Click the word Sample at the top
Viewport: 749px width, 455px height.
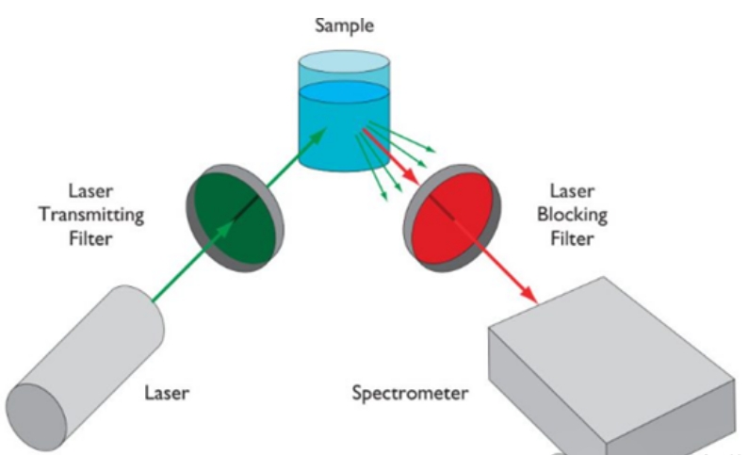pyautogui.click(x=344, y=25)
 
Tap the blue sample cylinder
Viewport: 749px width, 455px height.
pyautogui.click(x=344, y=122)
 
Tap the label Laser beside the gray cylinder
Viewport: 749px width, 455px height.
pyautogui.click(x=167, y=391)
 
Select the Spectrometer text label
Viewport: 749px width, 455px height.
pyautogui.click(x=409, y=392)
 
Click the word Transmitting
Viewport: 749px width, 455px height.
pyautogui.click(x=90, y=215)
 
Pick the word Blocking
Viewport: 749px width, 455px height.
pyautogui.click(x=573, y=215)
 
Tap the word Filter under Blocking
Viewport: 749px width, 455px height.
pyautogui.click(x=573, y=239)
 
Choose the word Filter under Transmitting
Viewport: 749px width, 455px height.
pyautogui.click(x=90, y=239)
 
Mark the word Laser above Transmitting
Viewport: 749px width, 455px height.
pyautogui.click(x=90, y=191)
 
